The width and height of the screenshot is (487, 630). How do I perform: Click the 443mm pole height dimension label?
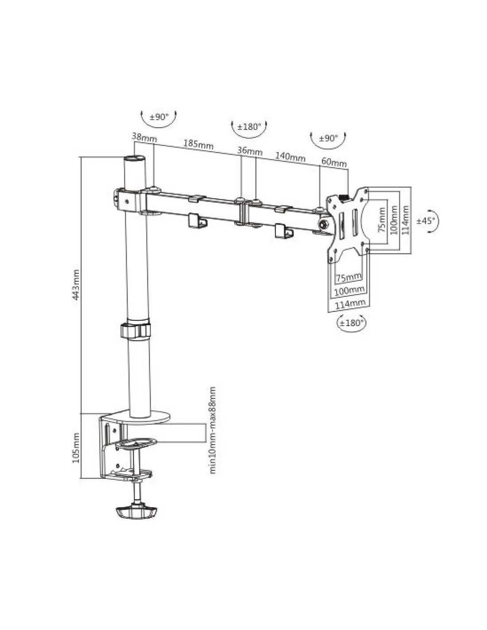tap(76, 284)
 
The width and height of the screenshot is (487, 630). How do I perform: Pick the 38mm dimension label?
tap(144, 137)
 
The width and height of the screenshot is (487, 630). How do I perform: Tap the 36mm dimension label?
tap(250, 151)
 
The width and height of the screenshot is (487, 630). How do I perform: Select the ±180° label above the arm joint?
tap(249, 127)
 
